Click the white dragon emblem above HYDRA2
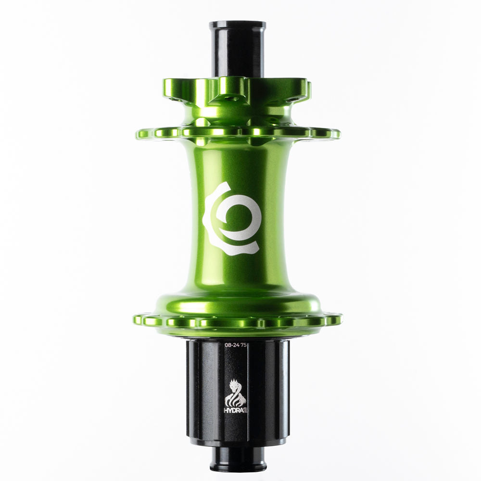click(236, 392)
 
